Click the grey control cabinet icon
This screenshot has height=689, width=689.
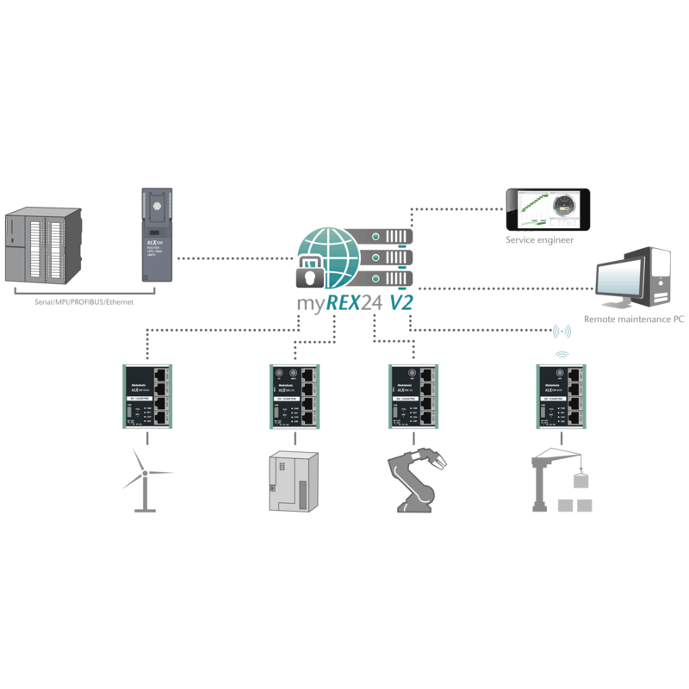[x=288, y=482]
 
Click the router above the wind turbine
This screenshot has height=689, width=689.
[x=146, y=396]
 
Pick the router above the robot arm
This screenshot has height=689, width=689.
[x=414, y=396]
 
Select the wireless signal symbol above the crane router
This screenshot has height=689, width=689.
[x=562, y=332]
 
